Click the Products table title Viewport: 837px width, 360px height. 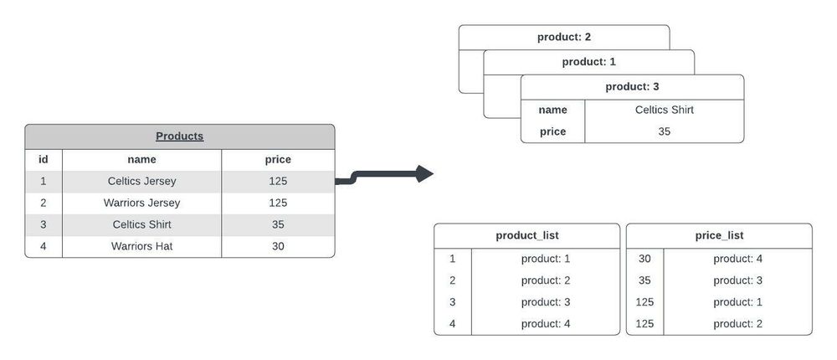[x=179, y=136]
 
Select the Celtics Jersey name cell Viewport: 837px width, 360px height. [x=141, y=181]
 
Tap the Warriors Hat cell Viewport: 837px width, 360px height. [x=141, y=246]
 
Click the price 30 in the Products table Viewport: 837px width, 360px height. [x=278, y=246]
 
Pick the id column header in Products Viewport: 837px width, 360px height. [x=44, y=159]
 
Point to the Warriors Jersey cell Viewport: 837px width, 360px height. [x=141, y=203]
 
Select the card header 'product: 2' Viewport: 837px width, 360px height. [x=564, y=37]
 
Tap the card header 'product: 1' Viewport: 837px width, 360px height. [x=588, y=62]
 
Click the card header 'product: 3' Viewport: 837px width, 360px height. [x=632, y=87]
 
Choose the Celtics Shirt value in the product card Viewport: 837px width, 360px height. [x=664, y=110]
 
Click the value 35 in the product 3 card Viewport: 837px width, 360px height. [x=664, y=131]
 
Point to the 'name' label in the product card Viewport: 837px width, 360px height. [x=552, y=110]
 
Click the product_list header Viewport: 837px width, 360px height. [x=526, y=236]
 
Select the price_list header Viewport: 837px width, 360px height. [x=719, y=236]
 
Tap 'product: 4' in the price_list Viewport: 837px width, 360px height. [x=737, y=259]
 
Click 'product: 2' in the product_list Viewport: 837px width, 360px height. [x=545, y=280]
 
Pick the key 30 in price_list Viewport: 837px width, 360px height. [x=644, y=259]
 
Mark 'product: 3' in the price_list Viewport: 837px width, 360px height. [x=737, y=280]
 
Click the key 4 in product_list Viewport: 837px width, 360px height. [x=452, y=323]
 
